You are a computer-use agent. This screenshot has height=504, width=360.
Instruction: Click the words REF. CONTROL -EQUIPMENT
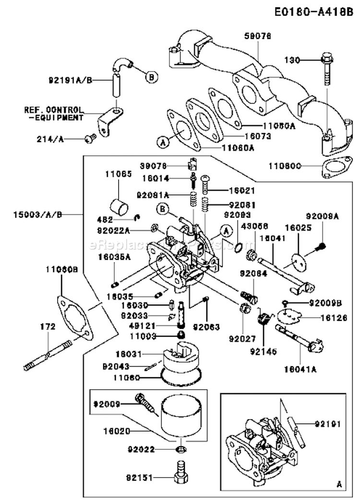pos(54,113)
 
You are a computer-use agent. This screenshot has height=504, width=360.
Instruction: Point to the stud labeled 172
pos(48,355)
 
